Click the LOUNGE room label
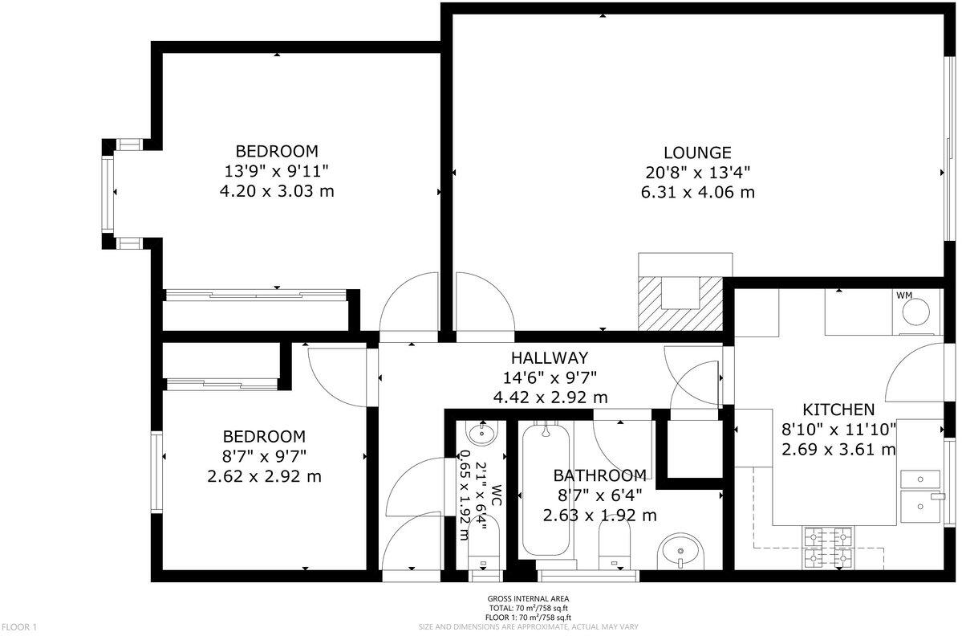click(696, 153)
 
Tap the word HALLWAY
click(550, 358)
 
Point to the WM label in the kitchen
click(904, 296)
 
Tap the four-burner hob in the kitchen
click(828, 547)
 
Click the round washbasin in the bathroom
click(682, 553)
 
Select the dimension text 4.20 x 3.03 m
click(276, 191)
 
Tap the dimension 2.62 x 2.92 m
click(264, 477)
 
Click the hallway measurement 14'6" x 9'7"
click(550, 377)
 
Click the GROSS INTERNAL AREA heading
click(529, 599)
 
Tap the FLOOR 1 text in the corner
click(19, 626)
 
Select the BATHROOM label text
click(599, 475)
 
